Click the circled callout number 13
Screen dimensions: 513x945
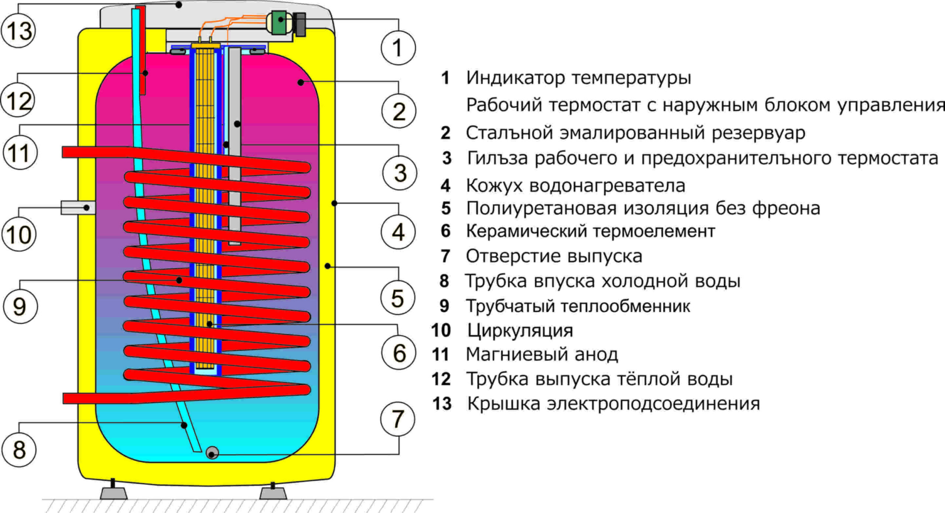click(19, 31)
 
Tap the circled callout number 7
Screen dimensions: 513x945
click(398, 419)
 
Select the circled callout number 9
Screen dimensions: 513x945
click(20, 306)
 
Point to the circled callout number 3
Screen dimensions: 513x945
click(400, 173)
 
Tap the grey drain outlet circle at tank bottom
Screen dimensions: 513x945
click(212, 453)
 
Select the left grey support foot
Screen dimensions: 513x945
click(114, 493)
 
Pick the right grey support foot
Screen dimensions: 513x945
click(273, 493)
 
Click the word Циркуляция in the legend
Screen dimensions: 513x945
click(520, 330)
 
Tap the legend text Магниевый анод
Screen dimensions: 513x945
click(542, 355)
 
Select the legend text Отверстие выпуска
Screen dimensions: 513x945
click(554, 256)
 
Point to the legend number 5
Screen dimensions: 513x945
click(446, 209)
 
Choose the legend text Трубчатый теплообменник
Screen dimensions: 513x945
click(578, 306)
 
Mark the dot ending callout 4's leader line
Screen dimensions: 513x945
click(334, 203)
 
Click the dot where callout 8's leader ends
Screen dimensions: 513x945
click(184, 426)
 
